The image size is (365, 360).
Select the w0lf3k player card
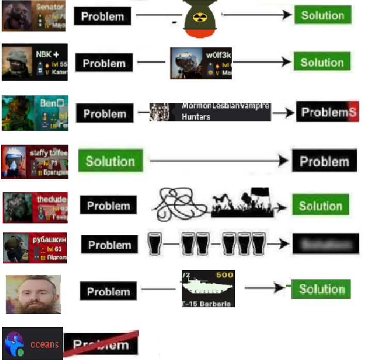tap(201, 63)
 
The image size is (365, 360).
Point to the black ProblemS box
tap(327, 112)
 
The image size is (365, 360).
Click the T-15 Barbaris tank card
tap(208, 288)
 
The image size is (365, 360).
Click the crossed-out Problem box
tap(101, 343)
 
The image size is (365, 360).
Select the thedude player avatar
tap(19, 207)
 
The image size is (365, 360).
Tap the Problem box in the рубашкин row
tap(113, 245)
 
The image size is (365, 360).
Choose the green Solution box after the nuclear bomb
tap(322, 15)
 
